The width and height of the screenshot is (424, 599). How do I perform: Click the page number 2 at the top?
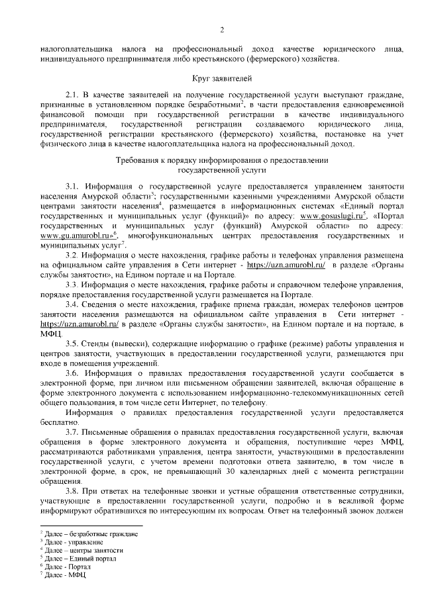click(x=222, y=29)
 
